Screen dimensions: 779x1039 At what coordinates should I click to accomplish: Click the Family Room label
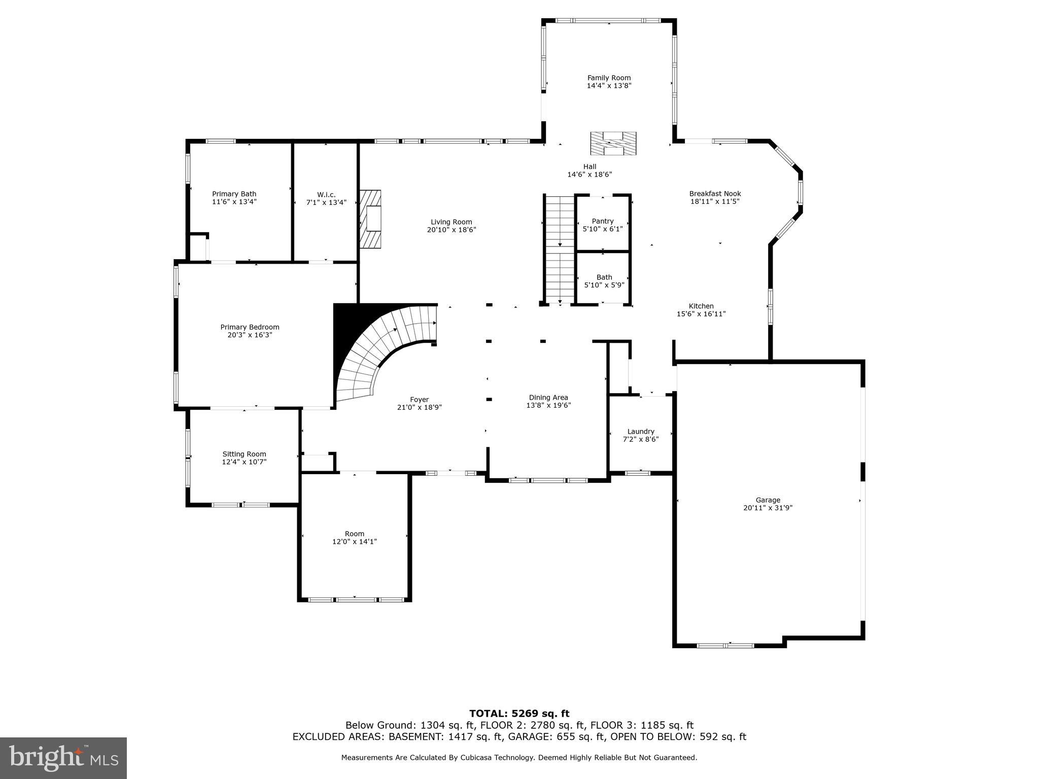click(x=609, y=78)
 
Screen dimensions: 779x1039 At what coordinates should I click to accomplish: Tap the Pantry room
click(x=603, y=225)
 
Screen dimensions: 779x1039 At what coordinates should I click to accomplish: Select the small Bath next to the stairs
click(x=604, y=281)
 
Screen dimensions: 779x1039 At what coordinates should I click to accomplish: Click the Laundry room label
click(x=641, y=432)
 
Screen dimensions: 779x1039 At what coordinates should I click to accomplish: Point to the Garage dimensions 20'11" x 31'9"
click(x=768, y=508)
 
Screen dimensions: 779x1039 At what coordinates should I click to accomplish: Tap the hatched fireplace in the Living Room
click(x=371, y=219)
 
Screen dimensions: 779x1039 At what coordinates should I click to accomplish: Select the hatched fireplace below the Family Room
click(x=613, y=144)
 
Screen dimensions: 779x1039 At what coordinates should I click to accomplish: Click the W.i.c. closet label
click(x=326, y=195)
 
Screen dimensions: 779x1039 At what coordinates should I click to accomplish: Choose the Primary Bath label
click(x=234, y=194)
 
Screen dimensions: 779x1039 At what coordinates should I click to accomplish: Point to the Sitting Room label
click(x=244, y=454)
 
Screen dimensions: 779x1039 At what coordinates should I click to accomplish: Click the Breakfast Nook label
click(x=715, y=194)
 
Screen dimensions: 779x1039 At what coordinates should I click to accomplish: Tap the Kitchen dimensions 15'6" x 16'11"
click(x=701, y=314)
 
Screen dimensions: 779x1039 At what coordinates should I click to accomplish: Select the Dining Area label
click(x=548, y=398)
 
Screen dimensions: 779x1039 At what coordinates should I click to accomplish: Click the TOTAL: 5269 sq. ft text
click(x=519, y=714)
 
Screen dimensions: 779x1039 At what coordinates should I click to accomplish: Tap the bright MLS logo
click(x=63, y=758)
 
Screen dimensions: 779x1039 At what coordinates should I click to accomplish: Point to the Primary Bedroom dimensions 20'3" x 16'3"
click(x=250, y=335)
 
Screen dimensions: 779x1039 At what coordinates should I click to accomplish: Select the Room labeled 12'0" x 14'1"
click(x=355, y=538)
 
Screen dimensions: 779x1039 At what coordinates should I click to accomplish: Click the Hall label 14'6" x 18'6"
click(x=590, y=170)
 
